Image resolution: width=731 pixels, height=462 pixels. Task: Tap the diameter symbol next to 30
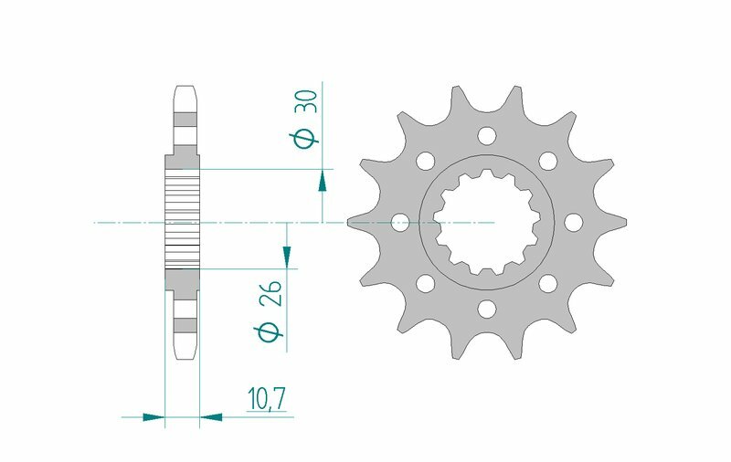point(308,138)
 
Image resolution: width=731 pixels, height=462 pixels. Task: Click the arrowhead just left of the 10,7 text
point(211,417)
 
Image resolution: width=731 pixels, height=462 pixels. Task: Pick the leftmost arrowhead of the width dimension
point(154,417)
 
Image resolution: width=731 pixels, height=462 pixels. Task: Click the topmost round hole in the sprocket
point(486,136)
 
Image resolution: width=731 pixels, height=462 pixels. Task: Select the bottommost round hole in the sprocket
point(486,308)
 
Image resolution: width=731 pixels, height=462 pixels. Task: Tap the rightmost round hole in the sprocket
point(573,222)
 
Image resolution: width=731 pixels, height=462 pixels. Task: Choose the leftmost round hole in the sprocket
point(400,222)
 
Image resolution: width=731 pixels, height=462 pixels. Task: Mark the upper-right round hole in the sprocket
point(548,161)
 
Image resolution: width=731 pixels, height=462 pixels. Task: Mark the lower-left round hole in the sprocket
point(425,283)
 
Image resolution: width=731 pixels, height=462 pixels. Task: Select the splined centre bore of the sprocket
point(486,222)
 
